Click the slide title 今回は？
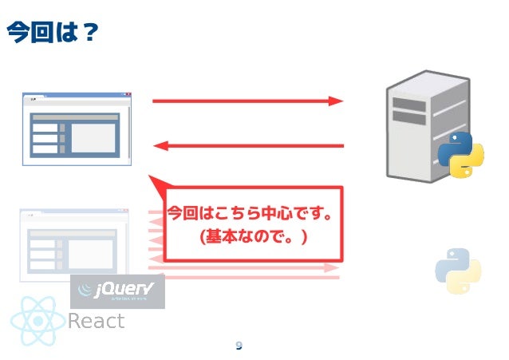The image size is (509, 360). [x=52, y=33]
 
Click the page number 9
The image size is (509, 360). [x=239, y=346]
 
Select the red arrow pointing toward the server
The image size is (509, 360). [x=247, y=101]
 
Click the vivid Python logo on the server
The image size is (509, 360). [x=461, y=154]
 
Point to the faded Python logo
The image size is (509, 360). [x=458, y=271]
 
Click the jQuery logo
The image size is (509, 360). [x=117, y=291]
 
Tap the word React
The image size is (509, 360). [x=96, y=322]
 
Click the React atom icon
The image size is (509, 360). [x=37, y=321]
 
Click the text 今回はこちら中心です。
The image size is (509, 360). [x=249, y=215]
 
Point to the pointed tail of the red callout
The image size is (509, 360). [x=154, y=182]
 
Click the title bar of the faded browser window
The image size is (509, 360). [x=73, y=215]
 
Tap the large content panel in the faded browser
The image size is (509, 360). [x=90, y=254]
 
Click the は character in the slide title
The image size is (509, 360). [x=65, y=33]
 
